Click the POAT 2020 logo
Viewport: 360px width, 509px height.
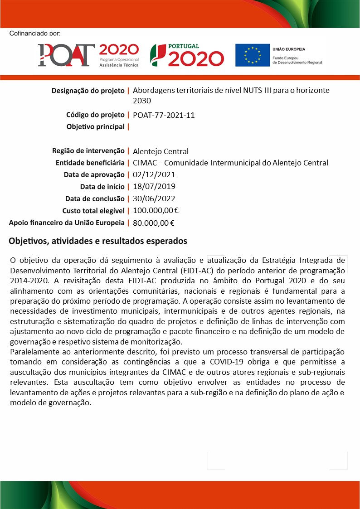[x=88, y=55]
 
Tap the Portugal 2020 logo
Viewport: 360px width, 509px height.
[x=187, y=55]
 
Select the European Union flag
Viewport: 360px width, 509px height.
[x=252, y=55]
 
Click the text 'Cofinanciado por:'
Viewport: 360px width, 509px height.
[x=34, y=34]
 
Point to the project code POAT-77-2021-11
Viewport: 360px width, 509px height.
[x=164, y=115]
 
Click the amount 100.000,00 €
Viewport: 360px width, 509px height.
[x=156, y=210]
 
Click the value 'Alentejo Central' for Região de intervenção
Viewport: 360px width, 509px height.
[x=161, y=151]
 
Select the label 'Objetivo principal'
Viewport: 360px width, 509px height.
[x=95, y=127]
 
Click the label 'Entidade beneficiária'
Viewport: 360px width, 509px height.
[x=90, y=163]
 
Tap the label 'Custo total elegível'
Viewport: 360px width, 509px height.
[x=93, y=210]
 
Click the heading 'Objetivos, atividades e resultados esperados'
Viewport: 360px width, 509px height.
[x=98, y=241]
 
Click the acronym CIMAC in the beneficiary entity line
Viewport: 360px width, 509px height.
[x=144, y=163]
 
